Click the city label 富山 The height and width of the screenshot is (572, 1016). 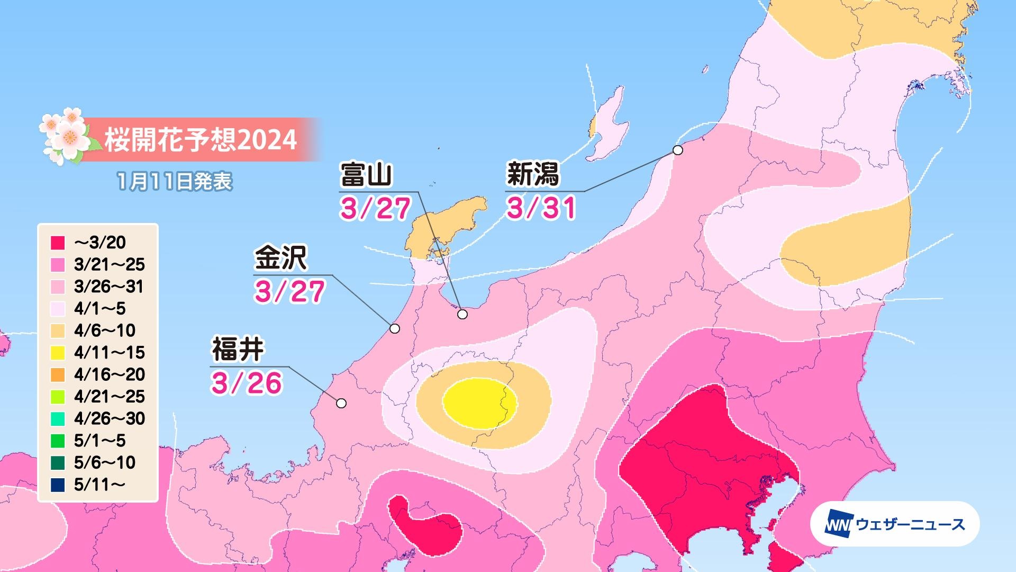(x=366, y=175)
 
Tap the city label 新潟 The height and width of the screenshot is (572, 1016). (x=533, y=175)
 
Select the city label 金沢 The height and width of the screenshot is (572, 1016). (x=280, y=259)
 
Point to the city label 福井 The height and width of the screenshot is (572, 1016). (x=238, y=350)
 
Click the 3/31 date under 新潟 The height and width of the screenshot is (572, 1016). (x=541, y=208)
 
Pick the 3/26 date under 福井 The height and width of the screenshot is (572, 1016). (x=247, y=383)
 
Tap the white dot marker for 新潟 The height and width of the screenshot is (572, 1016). (x=677, y=150)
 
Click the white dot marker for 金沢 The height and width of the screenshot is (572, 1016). (x=394, y=328)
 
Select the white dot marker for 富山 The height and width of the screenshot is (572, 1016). (x=462, y=315)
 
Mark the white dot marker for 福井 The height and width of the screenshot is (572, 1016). (x=341, y=404)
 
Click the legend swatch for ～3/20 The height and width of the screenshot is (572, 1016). (x=58, y=243)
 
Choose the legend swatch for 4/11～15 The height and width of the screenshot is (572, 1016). (x=58, y=353)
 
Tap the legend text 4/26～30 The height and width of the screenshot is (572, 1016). (x=110, y=418)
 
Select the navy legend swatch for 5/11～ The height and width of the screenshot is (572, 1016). (x=58, y=485)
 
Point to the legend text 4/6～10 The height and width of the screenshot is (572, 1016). (x=105, y=330)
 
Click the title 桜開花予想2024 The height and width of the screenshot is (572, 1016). (x=200, y=140)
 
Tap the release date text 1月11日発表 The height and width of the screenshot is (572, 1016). (x=175, y=182)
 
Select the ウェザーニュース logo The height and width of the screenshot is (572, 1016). (x=895, y=524)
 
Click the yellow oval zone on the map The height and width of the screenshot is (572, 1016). (x=479, y=403)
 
